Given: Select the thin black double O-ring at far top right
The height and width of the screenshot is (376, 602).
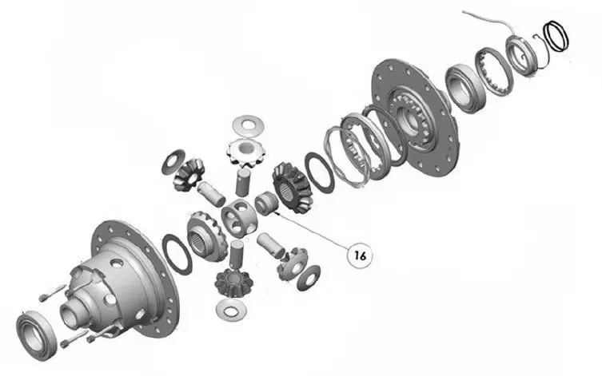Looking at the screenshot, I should pos(556,36).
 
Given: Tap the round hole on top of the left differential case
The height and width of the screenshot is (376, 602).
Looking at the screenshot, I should pos(118,263).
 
